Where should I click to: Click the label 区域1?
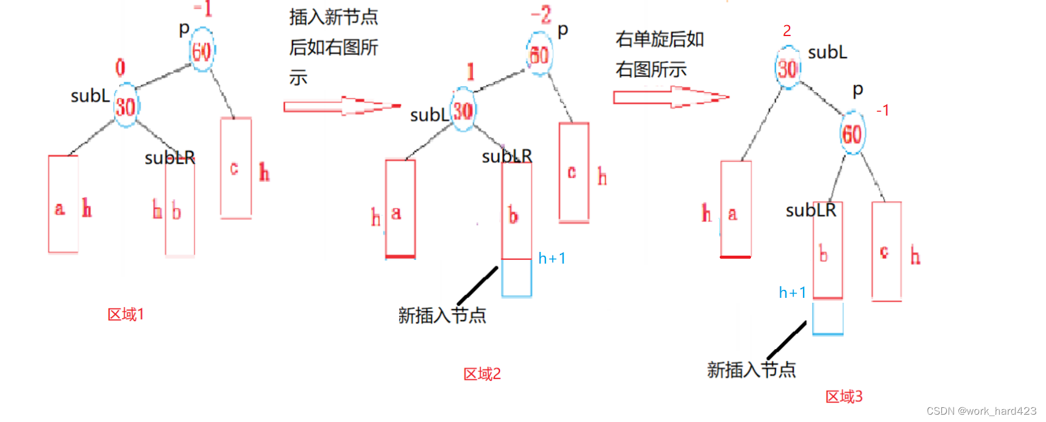pyautogui.click(x=125, y=314)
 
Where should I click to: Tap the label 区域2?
pyautogui.click(x=482, y=374)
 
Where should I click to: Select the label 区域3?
pyautogui.click(x=843, y=396)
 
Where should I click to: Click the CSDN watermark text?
pyautogui.click(x=981, y=411)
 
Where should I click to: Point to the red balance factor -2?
pyautogui.click(x=541, y=15)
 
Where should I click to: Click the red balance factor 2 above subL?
pyautogui.click(x=786, y=31)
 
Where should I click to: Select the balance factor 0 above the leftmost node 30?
pyautogui.click(x=121, y=67)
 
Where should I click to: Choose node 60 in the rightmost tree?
pyautogui.click(x=852, y=133)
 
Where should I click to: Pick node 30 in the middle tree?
pyautogui.click(x=463, y=110)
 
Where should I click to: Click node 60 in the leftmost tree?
pyautogui.click(x=202, y=51)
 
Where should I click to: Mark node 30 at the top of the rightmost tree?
pyautogui.click(x=788, y=68)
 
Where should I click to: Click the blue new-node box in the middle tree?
pyautogui.click(x=517, y=278)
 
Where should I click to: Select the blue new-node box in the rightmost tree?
pyautogui.click(x=827, y=317)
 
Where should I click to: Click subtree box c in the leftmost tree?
pyautogui.click(x=236, y=168)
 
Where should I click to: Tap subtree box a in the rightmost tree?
pyautogui.click(x=736, y=209)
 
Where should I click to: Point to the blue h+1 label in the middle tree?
pyautogui.click(x=551, y=259)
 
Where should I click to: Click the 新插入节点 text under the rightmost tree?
pyautogui.click(x=751, y=369)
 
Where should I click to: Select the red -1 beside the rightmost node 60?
pyautogui.click(x=882, y=111)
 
